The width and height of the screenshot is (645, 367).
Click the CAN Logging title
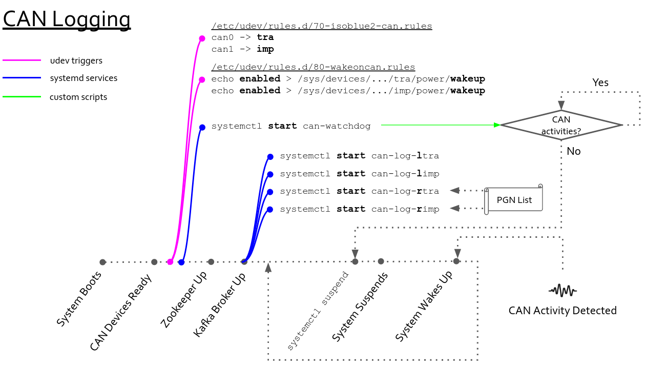(x=67, y=19)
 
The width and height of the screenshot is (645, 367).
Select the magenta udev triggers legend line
(x=22, y=60)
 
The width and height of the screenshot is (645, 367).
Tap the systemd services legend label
(x=84, y=78)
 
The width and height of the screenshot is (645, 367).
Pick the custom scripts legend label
(x=78, y=97)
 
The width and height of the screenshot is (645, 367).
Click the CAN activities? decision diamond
(x=561, y=125)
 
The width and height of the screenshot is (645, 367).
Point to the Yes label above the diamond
(x=600, y=83)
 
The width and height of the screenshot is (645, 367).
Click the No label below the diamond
(x=574, y=152)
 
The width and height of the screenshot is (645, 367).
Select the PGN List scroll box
(x=513, y=200)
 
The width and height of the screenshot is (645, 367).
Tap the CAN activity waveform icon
(x=563, y=291)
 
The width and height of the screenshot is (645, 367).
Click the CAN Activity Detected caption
(x=563, y=311)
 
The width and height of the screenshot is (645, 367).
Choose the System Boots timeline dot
(x=102, y=262)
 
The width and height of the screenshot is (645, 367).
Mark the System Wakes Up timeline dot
(x=456, y=261)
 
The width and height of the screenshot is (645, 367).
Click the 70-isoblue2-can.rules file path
(x=322, y=26)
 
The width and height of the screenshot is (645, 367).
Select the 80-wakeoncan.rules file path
(x=313, y=67)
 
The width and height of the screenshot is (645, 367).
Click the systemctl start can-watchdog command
(x=291, y=126)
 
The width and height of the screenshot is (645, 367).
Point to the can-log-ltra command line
(x=360, y=156)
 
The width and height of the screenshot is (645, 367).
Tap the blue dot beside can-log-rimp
(x=270, y=209)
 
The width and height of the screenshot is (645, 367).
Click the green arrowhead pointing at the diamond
(x=496, y=125)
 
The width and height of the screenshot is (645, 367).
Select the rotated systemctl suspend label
(x=318, y=312)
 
